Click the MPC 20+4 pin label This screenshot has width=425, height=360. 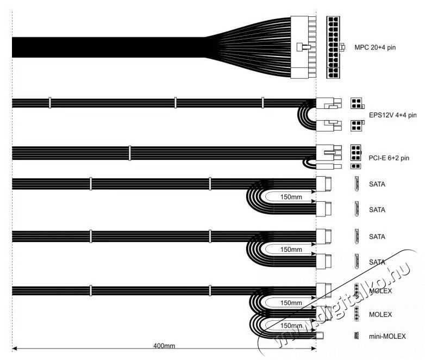pyautogui.click(x=375, y=47)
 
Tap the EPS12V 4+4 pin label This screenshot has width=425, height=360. pyautogui.click(x=392, y=115)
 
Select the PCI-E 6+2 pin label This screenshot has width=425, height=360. pyautogui.click(x=389, y=158)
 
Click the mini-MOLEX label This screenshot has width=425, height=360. pyautogui.click(x=387, y=337)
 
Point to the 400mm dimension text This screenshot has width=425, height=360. pyautogui.click(x=164, y=346)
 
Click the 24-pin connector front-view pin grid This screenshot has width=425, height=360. pyautogui.click(x=333, y=47)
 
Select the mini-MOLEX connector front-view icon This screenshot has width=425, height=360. pyautogui.click(x=357, y=336)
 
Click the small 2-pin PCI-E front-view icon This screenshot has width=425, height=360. pyautogui.click(x=356, y=166)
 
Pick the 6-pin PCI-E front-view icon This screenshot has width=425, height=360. pyautogui.click(x=356, y=152)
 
